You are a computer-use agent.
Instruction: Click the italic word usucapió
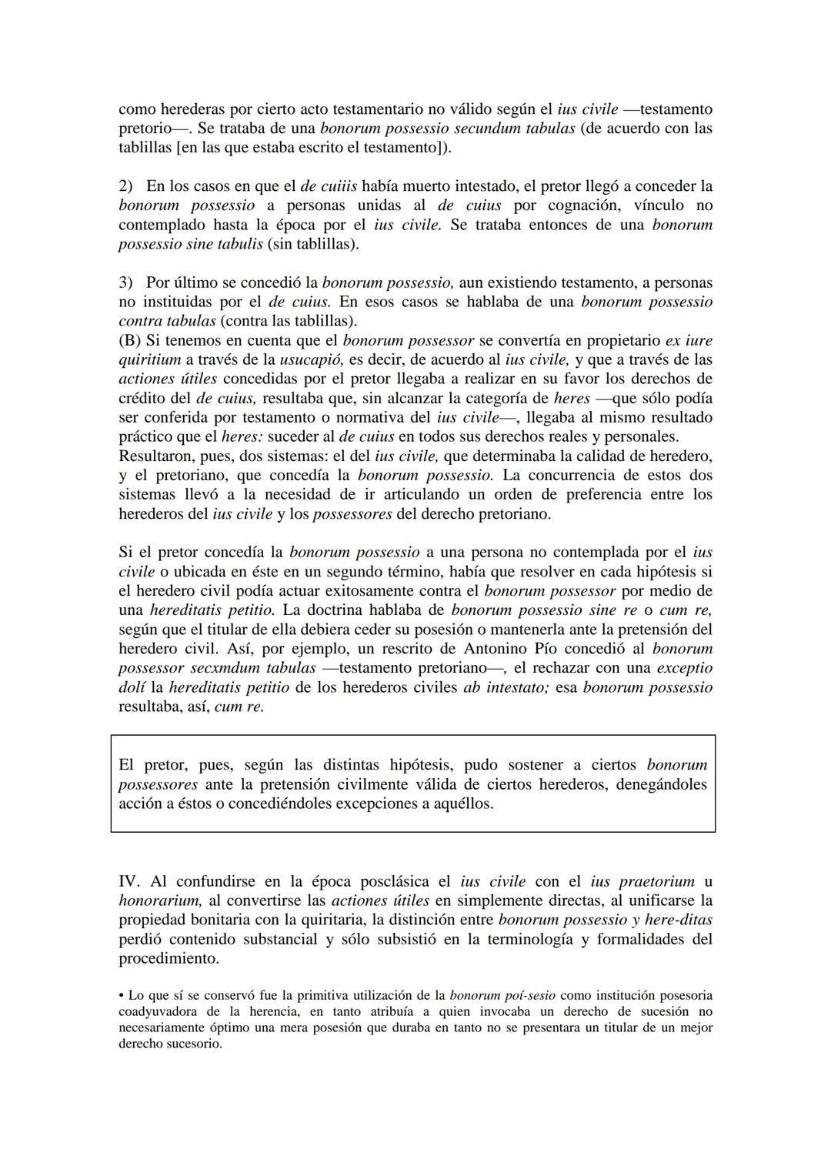[309, 359]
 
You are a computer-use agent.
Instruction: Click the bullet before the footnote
[122, 996]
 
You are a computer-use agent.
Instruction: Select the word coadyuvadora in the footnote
[157, 1011]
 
